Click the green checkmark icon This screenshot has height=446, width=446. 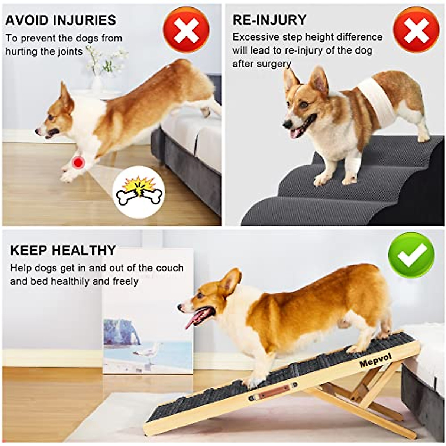pyautogui.click(x=411, y=255)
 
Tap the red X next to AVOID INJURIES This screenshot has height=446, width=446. pyautogui.click(x=186, y=30)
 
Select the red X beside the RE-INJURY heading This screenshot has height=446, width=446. pyautogui.click(x=416, y=30)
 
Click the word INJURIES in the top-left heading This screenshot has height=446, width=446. pyautogui.click(x=85, y=20)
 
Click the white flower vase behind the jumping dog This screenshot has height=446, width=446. pyautogui.click(x=97, y=84)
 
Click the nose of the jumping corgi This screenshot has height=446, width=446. pyautogui.click(x=37, y=131)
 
